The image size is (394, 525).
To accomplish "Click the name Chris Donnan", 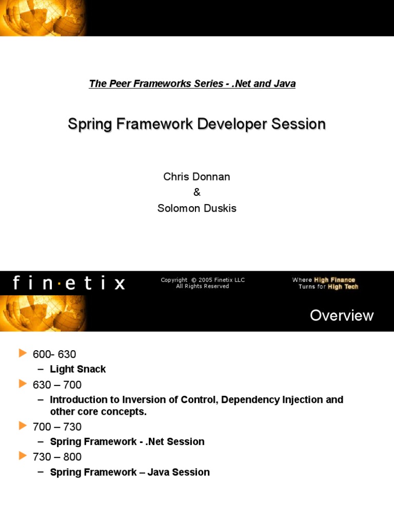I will pos(196,177).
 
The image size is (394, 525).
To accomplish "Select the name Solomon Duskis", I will pos(196,209).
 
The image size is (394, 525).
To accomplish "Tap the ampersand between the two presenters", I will pos(196,193).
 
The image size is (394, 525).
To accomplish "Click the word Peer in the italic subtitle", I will pos(117,84).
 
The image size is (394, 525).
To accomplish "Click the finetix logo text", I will pos(69,283).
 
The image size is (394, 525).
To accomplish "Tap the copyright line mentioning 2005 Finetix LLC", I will pos(203,280).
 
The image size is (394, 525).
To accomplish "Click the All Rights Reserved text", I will pos(203,287).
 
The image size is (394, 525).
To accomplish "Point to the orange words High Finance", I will pos(334,280).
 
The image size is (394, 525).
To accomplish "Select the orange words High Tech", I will pos(343,287).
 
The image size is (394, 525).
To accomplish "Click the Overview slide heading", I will pos(342,315).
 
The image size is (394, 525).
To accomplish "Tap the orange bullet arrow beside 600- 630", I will pos(22,353).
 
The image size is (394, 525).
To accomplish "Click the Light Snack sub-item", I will pos(78,369).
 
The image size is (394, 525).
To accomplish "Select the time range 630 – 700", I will pos(57,385).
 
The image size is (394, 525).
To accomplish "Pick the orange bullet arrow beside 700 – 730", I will pos(22,426).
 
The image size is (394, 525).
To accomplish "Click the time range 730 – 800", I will pos(57,457).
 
